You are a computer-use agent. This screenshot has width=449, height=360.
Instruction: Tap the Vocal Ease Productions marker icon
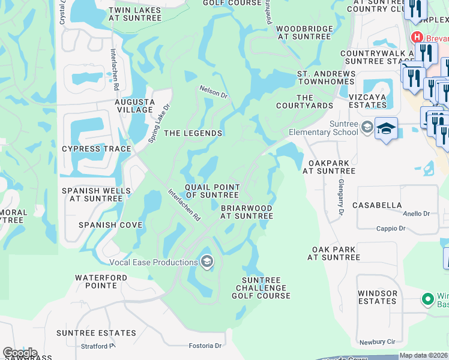(207, 261)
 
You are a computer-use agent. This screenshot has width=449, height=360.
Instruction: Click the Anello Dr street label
(417, 214)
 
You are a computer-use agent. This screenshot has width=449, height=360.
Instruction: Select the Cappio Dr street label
(391, 228)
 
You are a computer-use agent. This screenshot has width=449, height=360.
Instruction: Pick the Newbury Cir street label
(378, 342)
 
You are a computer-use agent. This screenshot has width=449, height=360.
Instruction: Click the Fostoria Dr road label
(206, 346)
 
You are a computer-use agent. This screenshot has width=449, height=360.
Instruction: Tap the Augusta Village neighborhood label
(134, 106)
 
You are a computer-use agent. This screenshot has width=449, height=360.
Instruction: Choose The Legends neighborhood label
(193, 133)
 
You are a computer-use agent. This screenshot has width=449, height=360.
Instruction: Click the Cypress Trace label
(97, 149)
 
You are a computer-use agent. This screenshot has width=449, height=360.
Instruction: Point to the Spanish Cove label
(110, 225)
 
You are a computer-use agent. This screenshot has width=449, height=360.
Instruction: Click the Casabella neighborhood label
(377, 205)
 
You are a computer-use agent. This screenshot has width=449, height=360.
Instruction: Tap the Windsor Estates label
(378, 297)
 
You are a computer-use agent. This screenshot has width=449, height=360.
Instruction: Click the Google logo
(20, 353)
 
